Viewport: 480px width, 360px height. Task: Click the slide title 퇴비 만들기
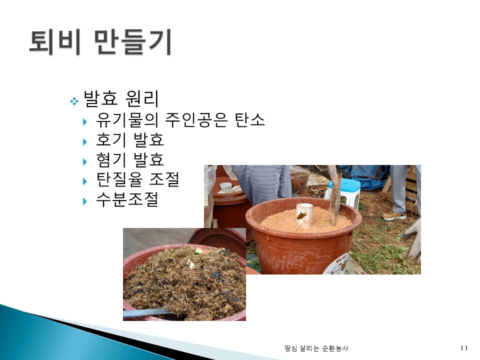100,42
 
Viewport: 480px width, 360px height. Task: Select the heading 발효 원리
121,98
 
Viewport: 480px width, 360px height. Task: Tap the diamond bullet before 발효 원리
74,100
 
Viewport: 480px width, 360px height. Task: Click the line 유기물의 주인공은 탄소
180,119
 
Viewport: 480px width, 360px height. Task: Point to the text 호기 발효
130,139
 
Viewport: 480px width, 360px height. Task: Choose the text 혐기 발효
130,159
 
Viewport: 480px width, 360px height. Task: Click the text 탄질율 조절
138,179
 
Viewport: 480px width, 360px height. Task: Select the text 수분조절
127,199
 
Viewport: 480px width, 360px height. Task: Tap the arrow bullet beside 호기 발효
85,141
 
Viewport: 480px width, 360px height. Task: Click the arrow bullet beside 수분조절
85,201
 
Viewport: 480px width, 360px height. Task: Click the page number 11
464,348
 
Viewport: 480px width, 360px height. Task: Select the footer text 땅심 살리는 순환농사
316,348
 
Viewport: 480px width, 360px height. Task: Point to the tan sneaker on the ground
394,215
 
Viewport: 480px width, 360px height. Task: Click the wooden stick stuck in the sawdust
334,196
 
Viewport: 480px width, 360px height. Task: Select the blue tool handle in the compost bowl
145,313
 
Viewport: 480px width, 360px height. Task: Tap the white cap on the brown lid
226,185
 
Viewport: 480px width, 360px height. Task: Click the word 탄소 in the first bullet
249,119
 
